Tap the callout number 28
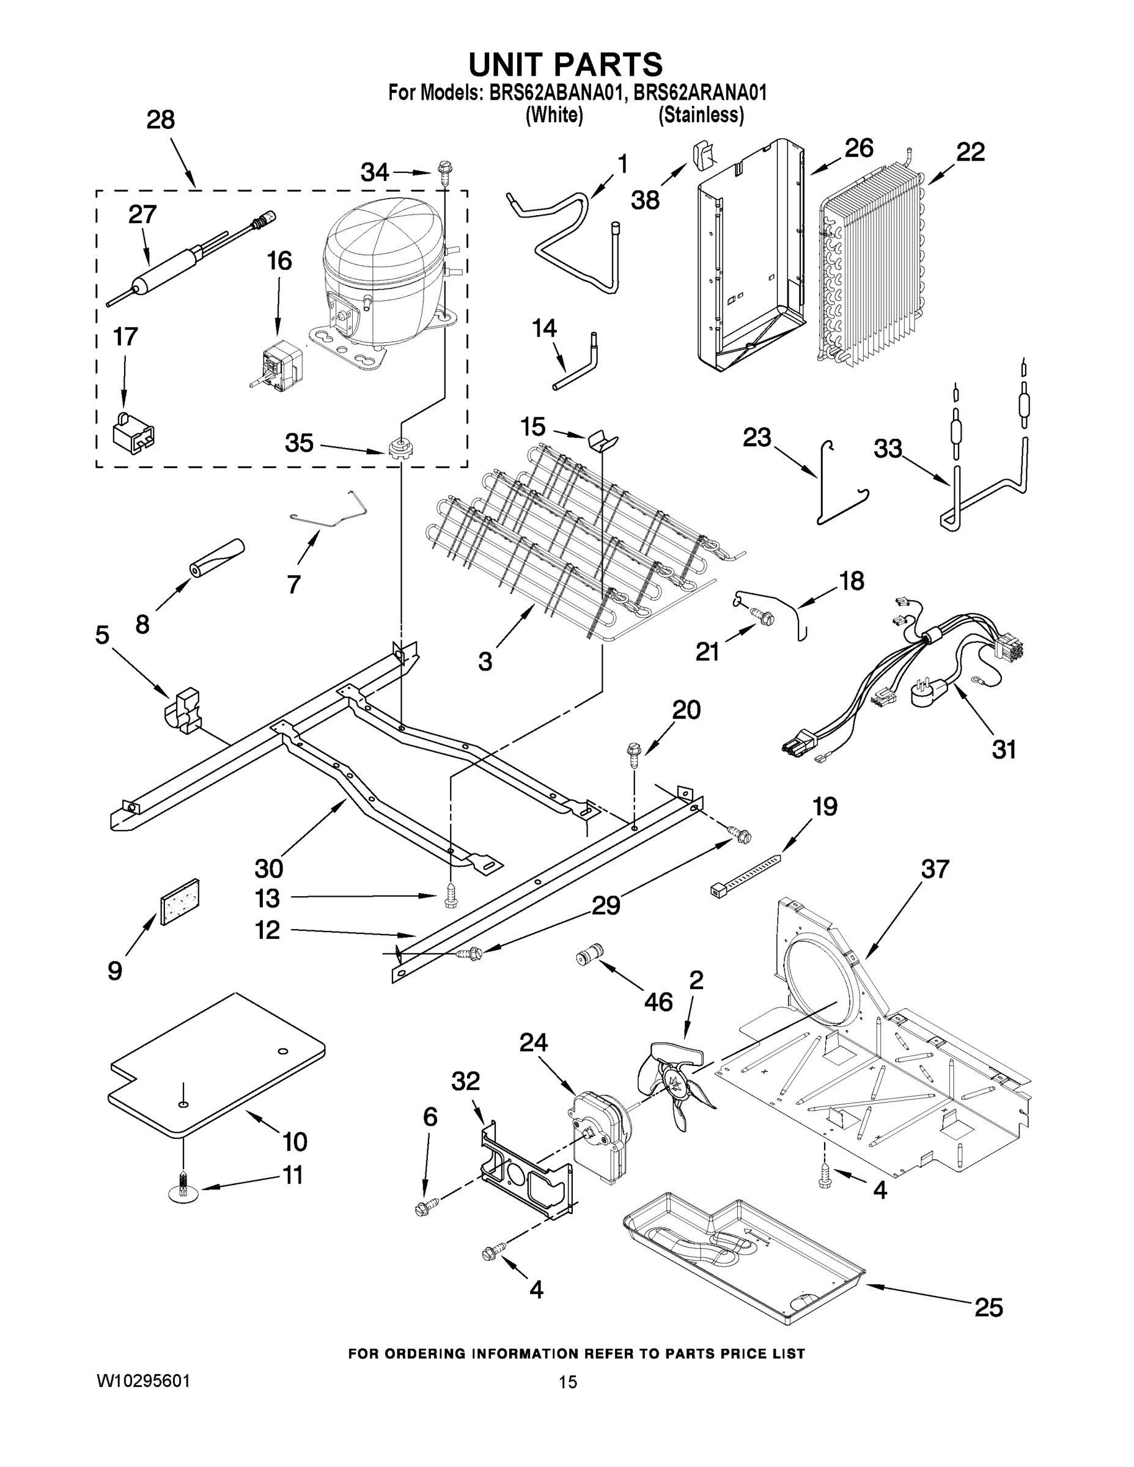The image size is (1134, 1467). [x=161, y=120]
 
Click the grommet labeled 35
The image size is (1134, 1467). [x=400, y=447]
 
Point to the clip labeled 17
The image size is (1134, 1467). [x=133, y=431]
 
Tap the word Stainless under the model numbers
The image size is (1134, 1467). [x=701, y=116]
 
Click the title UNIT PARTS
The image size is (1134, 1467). [x=565, y=65]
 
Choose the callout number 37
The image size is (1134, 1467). [x=935, y=869]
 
